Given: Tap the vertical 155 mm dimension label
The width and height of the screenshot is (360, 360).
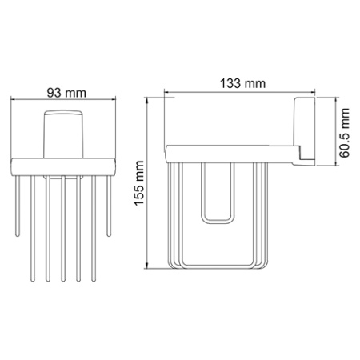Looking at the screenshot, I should click(x=140, y=185).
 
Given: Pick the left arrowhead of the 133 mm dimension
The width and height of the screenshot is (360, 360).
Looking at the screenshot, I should click(x=166, y=93).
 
